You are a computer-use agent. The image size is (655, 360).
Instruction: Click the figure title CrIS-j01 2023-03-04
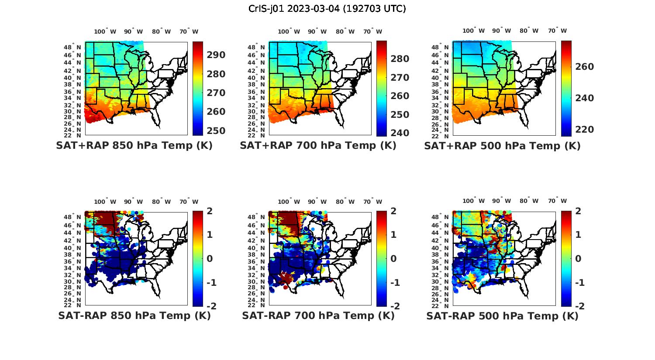327,8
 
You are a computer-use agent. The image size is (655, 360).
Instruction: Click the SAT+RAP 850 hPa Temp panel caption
134,145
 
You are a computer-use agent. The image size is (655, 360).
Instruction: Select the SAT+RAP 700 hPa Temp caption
318,145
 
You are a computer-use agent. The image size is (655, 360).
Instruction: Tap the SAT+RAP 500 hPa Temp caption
502,146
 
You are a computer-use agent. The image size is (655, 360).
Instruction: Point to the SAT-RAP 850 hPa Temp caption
134,315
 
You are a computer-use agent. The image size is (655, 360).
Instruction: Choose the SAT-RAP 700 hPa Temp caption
318,315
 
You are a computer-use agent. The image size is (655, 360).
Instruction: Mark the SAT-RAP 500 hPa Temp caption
502,316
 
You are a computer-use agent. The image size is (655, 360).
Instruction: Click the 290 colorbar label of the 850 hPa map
216,55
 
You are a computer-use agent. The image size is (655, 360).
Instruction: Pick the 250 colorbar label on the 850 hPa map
216,130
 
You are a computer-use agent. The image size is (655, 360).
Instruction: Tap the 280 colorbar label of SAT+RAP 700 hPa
400,59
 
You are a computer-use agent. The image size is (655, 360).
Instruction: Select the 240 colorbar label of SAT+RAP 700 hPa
400,133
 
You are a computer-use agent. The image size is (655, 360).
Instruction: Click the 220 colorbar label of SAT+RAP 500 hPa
585,130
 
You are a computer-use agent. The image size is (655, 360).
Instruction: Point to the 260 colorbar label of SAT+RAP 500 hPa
585,67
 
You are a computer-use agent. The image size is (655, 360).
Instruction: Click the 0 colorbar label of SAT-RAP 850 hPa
210,259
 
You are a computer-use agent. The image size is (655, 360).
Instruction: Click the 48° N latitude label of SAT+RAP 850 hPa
72,47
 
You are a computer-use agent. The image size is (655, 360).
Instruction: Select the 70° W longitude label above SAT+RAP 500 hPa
557,31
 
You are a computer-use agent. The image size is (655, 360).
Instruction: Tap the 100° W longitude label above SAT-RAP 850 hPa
105,202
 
